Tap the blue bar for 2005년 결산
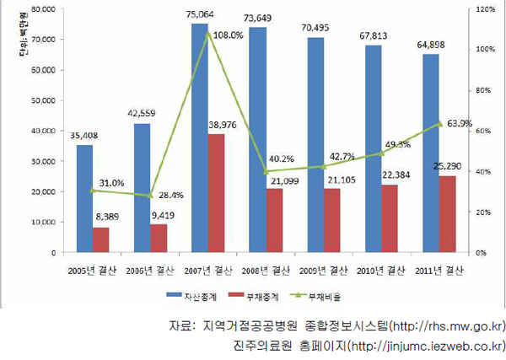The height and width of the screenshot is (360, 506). click(x=85, y=198)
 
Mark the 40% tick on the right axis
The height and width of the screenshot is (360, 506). click(x=482, y=171)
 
